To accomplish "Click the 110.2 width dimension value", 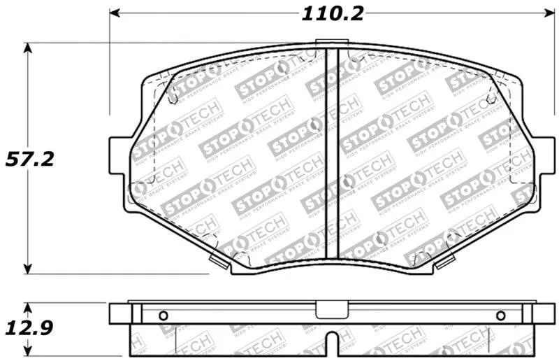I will pyautogui.click(x=332, y=13).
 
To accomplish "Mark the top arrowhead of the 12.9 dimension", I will pyautogui.click(x=28, y=309).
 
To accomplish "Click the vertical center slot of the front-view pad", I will pyautogui.click(x=333, y=154).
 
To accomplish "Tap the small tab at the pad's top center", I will pyautogui.click(x=333, y=44).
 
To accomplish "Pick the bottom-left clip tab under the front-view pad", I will pyautogui.click(x=219, y=262).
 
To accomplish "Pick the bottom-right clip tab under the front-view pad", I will pyautogui.click(x=444, y=262).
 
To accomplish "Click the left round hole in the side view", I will pyautogui.click(x=164, y=315).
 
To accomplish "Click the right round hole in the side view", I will pyautogui.click(x=500, y=315).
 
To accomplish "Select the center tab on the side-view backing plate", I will pyautogui.click(x=333, y=309).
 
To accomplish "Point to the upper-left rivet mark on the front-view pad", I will pyautogui.click(x=173, y=99).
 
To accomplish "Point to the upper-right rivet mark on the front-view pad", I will pyautogui.click(x=491, y=99).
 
